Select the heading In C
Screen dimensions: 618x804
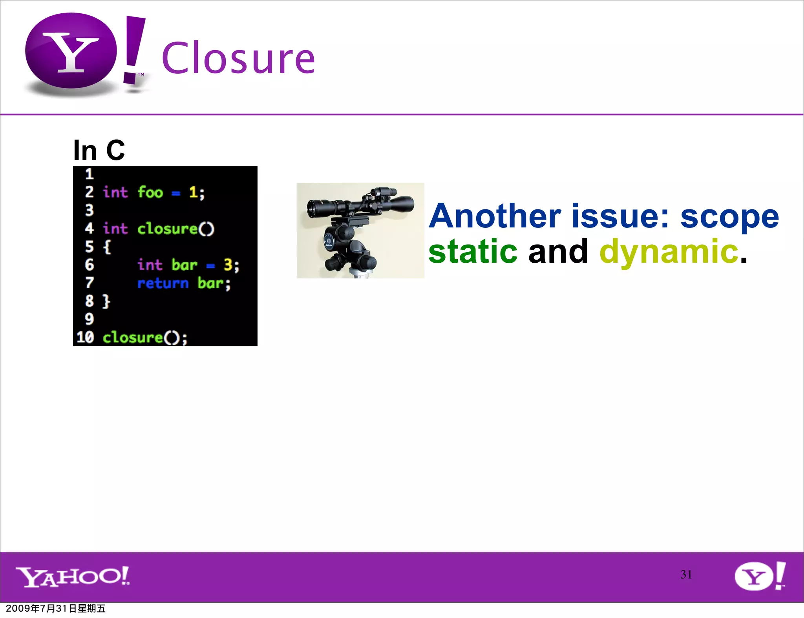pyautogui.click(x=99, y=150)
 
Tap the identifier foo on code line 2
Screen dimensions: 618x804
pyautogui.click(x=150, y=193)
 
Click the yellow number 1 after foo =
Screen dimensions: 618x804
pyautogui.click(x=193, y=192)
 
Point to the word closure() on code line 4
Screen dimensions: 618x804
pyautogui.click(x=175, y=229)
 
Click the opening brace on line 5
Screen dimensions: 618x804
pyautogui.click(x=107, y=247)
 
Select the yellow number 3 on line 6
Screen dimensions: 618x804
pyautogui.click(x=228, y=265)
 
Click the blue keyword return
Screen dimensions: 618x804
pyautogui.click(x=163, y=283)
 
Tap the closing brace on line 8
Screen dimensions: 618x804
pyautogui.click(x=106, y=301)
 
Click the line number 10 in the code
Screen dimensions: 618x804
pyautogui.click(x=85, y=337)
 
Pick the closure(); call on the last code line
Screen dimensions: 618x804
pyautogui.click(x=145, y=338)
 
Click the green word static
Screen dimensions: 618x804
pyautogui.click(x=473, y=252)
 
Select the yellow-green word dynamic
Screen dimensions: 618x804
pyautogui.click(x=669, y=252)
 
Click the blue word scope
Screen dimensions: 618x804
pyautogui.click(x=729, y=217)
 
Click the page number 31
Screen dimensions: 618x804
pyautogui.click(x=686, y=574)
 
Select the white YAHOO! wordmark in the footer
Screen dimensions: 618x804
pyautogui.click(x=73, y=576)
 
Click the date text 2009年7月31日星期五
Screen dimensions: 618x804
pyautogui.click(x=56, y=609)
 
